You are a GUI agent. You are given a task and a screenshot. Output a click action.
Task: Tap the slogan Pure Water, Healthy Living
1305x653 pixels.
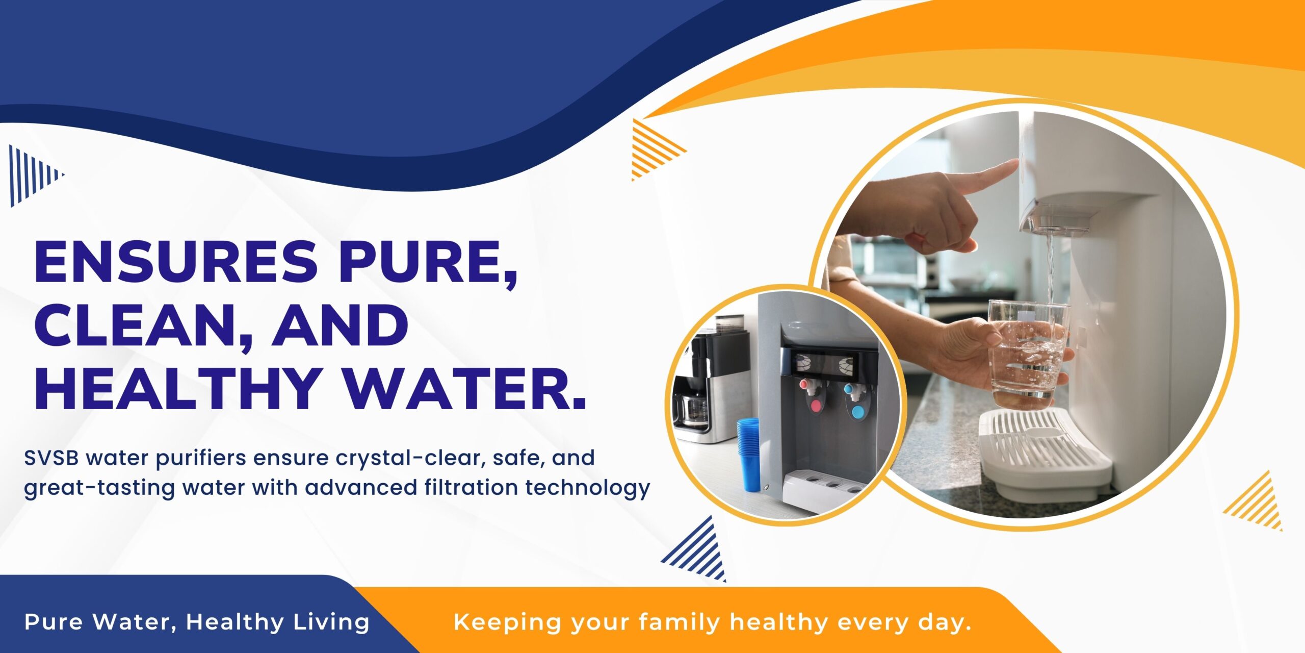[197, 622]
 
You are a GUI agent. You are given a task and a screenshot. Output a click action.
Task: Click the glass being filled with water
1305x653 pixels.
[1028, 355]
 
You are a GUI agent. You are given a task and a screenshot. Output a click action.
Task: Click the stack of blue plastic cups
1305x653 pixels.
[748, 454]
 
